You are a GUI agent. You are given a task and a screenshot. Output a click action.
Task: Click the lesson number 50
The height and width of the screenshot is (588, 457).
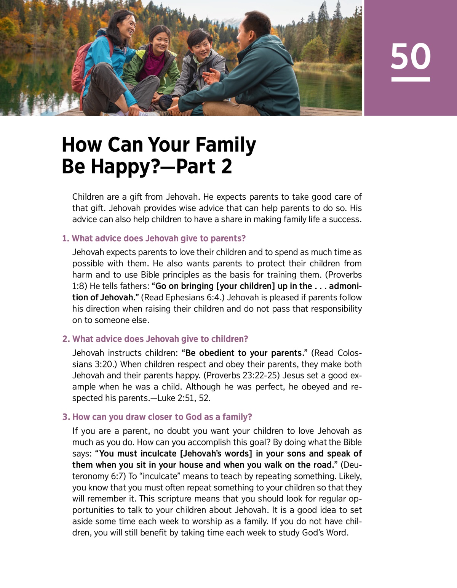[x=411, y=56]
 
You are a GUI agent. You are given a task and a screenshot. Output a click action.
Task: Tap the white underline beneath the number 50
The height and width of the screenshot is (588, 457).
[x=411, y=79]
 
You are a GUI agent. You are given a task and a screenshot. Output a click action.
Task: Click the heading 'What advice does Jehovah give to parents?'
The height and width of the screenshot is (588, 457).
[x=154, y=239]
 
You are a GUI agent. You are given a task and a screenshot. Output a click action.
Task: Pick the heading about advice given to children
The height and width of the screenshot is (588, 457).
[x=155, y=339]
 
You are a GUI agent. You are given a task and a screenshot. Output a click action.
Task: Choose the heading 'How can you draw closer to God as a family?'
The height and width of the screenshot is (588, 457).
[x=157, y=417]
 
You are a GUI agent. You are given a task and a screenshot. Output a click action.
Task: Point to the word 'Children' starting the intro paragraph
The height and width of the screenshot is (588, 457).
[x=88, y=197]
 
